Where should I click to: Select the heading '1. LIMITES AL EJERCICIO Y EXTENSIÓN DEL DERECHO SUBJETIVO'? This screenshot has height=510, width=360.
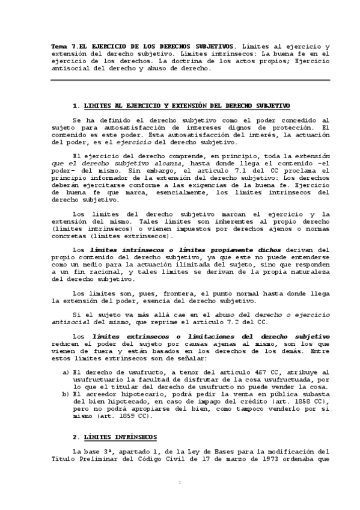point(180,105)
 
